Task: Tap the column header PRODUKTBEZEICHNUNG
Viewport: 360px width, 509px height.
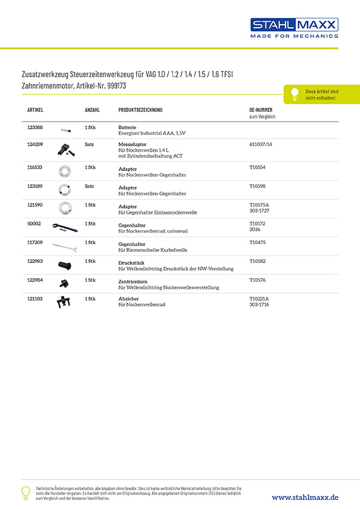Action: point(140,110)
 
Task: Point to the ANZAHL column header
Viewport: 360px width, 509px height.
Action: point(92,110)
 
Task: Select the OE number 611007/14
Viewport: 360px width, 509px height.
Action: point(261,144)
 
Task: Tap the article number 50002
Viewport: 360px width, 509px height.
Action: point(34,224)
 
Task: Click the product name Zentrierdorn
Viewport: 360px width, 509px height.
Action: point(133,281)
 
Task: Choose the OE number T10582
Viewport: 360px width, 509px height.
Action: point(258,262)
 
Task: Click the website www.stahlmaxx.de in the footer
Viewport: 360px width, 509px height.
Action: point(305,496)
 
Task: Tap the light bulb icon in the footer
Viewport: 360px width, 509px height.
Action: point(25,492)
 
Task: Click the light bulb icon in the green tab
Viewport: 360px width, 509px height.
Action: point(295,94)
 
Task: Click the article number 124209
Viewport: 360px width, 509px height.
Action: point(35,144)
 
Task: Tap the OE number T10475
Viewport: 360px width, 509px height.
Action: point(258,242)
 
